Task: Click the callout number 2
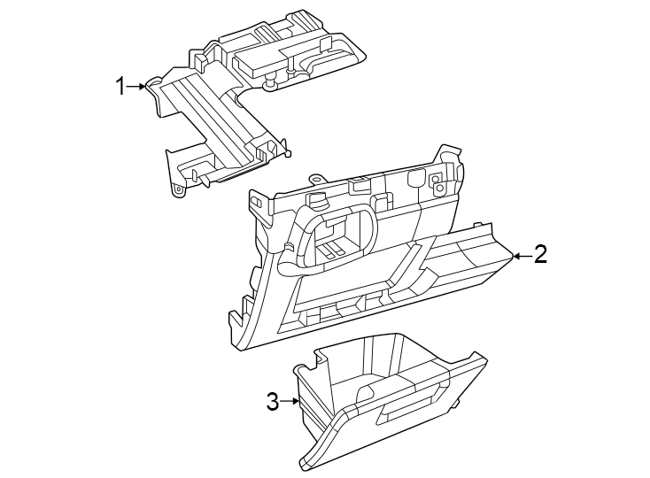click(x=540, y=255)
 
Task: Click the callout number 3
click(x=274, y=402)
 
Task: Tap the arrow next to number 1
click(x=136, y=86)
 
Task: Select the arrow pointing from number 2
click(x=521, y=256)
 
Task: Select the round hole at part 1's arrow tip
click(x=151, y=83)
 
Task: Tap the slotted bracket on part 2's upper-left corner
click(x=256, y=203)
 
